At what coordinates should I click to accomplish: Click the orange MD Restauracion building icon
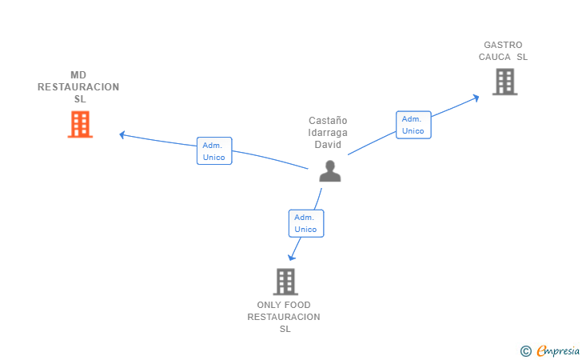[x=80, y=124]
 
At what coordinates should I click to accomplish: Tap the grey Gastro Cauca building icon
[x=504, y=82]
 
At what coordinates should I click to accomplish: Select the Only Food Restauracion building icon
[x=285, y=282]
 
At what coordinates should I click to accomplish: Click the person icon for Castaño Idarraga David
[x=329, y=170]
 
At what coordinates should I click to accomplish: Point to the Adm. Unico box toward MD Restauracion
[x=214, y=150]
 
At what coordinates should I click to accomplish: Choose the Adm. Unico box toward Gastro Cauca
[x=413, y=124]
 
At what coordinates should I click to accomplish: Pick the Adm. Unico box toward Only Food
[x=305, y=223]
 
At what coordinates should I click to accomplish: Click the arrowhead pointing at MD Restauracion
[x=122, y=134]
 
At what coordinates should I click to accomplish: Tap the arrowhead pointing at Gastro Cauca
[x=476, y=97]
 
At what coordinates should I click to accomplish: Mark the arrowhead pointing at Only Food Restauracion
[x=291, y=257]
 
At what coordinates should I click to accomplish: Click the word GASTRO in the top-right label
[x=503, y=45]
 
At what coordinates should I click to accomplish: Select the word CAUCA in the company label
[x=495, y=57]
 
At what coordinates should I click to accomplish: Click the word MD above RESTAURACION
[x=78, y=75]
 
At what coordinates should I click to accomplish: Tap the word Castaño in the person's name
[x=328, y=121]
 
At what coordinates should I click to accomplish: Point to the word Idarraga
[x=328, y=133]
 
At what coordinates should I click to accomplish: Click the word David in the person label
[x=328, y=145]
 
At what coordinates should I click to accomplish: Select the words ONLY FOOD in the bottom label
[x=283, y=305]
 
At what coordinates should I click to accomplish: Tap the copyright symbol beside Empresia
[x=525, y=350]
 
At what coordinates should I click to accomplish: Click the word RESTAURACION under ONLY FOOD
[x=283, y=317]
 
